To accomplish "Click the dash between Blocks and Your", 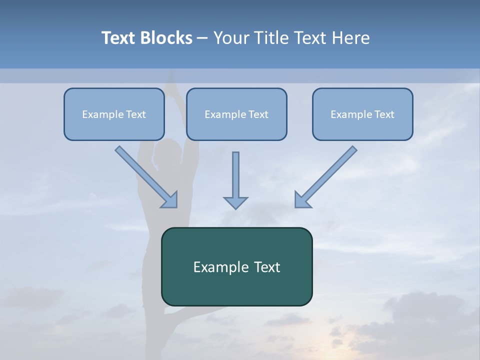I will (202, 38).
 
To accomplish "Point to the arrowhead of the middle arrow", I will (235, 203).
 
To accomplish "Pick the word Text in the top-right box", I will (384, 114).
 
